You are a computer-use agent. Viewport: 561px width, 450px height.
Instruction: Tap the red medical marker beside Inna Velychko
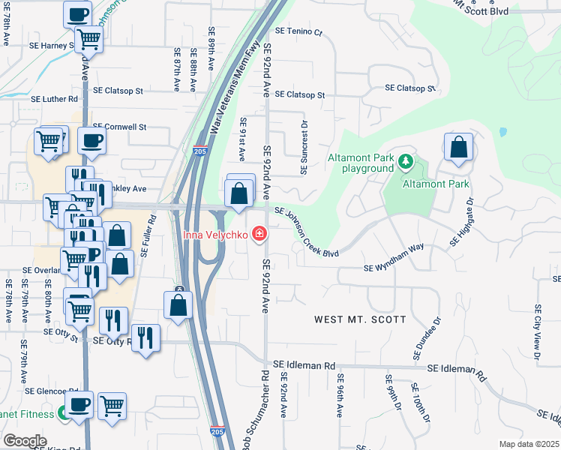[259, 235]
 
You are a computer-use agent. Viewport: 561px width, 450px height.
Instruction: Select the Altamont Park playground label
[361, 163]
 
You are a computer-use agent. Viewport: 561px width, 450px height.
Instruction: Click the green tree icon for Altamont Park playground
[406, 161]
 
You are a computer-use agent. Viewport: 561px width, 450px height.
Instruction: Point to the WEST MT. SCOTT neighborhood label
[360, 319]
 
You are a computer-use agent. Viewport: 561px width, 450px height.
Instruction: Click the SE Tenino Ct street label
[298, 32]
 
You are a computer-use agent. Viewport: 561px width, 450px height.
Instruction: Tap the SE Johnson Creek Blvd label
[306, 232]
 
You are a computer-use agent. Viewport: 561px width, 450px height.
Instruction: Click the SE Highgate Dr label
[462, 223]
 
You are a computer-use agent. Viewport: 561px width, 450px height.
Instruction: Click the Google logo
[25, 441]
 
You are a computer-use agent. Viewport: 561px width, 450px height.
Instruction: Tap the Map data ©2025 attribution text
[529, 444]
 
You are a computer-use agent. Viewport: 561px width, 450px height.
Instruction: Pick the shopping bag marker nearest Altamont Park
[458, 148]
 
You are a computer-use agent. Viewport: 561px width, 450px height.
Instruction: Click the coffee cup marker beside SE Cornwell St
[91, 141]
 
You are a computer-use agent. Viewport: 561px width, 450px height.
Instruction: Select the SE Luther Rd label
[54, 99]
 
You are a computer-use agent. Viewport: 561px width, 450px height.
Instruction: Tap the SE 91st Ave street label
[242, 139]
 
